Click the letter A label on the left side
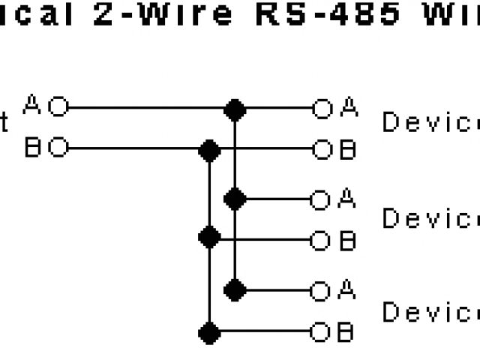pyautogui.click(x=33, y=104)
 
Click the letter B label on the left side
pyautogui.click(x=33, y=148)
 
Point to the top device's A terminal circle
pyautogui.click(x=322, y=109)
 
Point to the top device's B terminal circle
pyautogui.click(x=322, y=150)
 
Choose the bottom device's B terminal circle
pyautogui.click(x=322, y=331)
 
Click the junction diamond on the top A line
pyautogui.click(x=235, y=109)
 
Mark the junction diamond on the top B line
pyautogui.click(x=209, y=150)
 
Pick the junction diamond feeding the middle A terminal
pyautogui.click(x=235, y=199)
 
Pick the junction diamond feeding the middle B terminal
pyautogui.click(x=209, y=240)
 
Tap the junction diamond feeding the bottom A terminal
pyautogui.click(x=235, y=289)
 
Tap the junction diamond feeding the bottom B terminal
pyautogui.click(x=209, y=331)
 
